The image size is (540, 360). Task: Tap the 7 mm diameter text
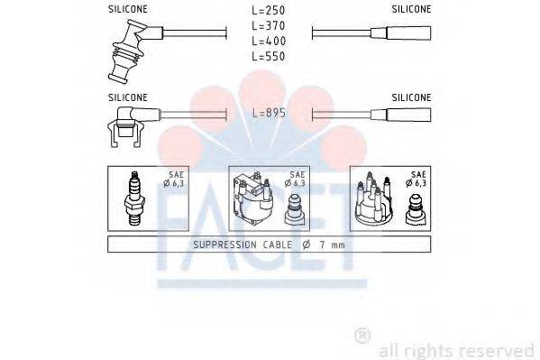point(322,245)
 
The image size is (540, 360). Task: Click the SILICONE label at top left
point(128,8)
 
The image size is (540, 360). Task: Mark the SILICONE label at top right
point(412,8)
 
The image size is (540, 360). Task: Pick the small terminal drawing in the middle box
point(295,209)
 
